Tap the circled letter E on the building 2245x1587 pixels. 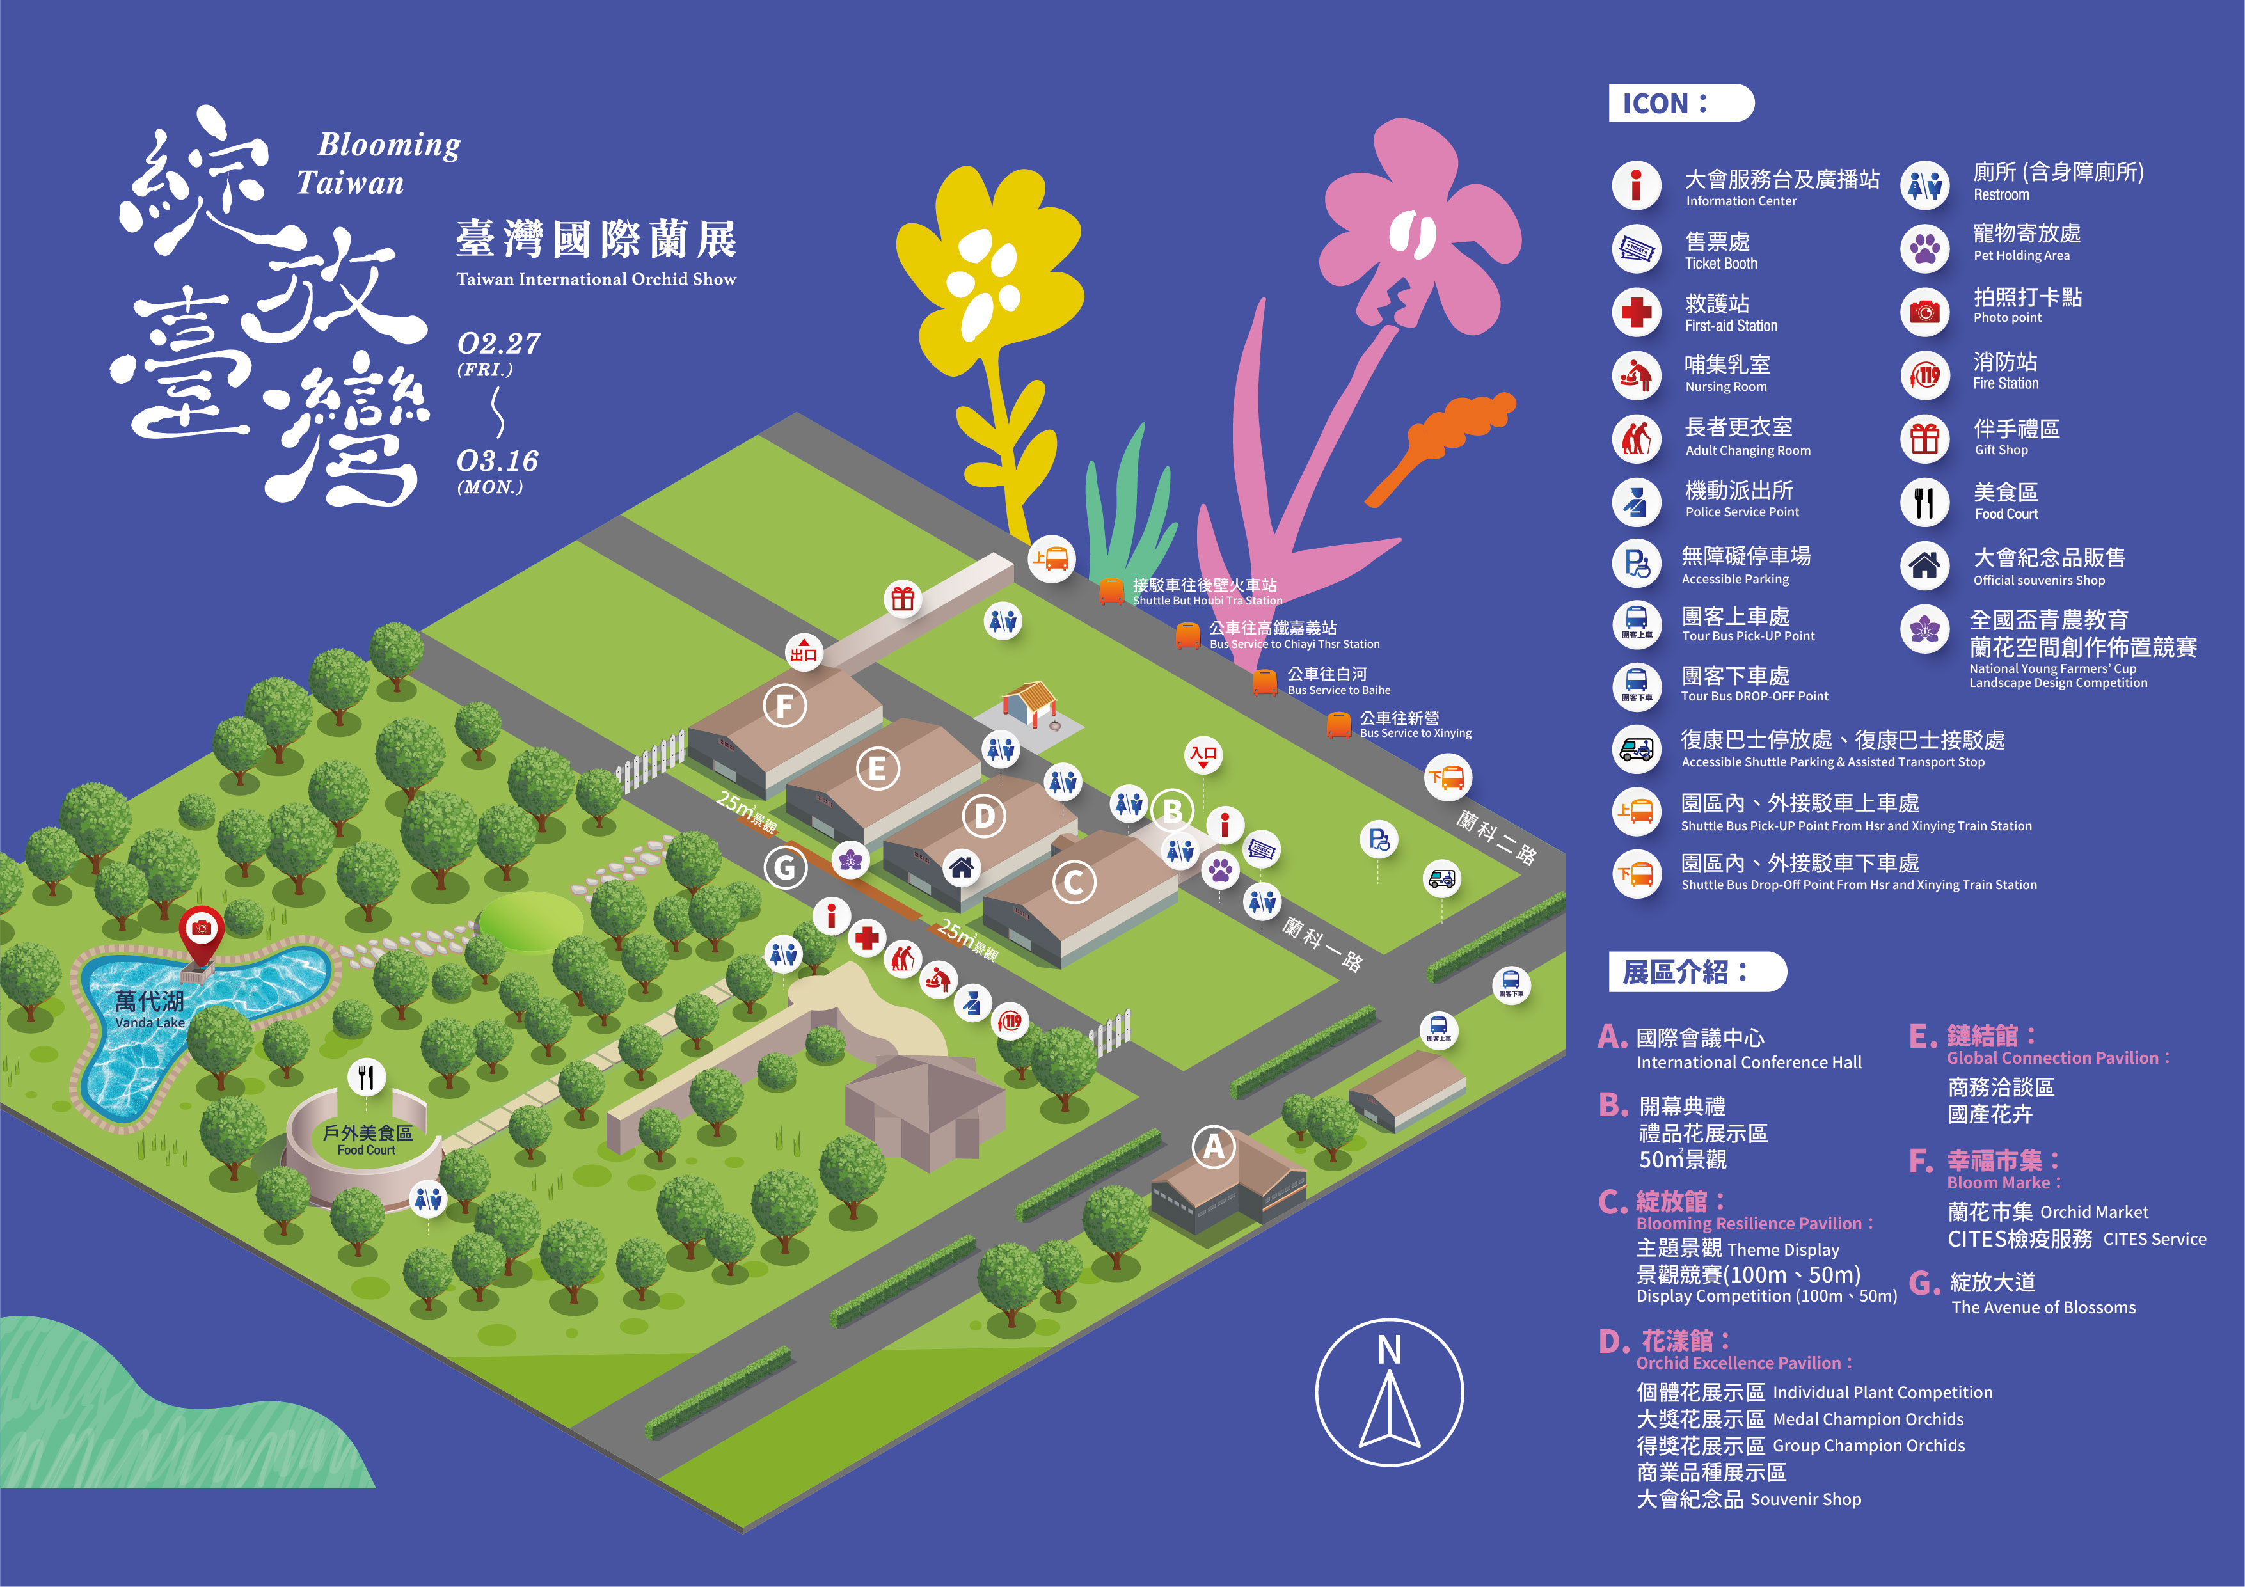877,769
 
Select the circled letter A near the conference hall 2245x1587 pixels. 1214,1146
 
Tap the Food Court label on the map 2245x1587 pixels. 367,1140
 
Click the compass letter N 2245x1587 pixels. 1390,1350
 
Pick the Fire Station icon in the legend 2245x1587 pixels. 1924,374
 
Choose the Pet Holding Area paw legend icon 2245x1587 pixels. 1924,248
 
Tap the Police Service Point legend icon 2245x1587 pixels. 1637,501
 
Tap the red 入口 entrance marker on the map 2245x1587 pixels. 1203,755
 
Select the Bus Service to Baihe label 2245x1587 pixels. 1338,681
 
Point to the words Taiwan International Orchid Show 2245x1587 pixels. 596,280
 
